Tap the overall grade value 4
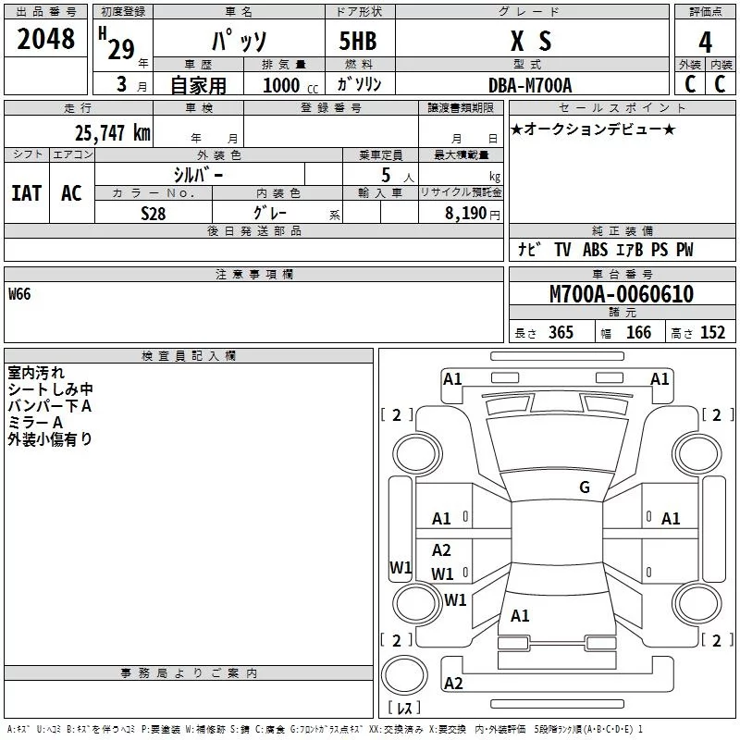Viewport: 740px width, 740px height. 706,42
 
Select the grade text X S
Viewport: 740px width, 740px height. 531,41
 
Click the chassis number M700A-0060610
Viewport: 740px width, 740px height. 622,295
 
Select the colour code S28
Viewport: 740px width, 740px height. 154,214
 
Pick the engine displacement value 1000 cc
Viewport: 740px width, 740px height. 284,86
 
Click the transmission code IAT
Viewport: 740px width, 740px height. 26,192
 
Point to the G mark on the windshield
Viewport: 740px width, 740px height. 584,487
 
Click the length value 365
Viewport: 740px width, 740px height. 560,333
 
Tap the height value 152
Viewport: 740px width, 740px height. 712,333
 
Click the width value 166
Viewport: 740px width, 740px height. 638,333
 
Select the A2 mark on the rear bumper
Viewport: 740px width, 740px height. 453,684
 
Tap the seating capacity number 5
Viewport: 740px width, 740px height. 386,175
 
